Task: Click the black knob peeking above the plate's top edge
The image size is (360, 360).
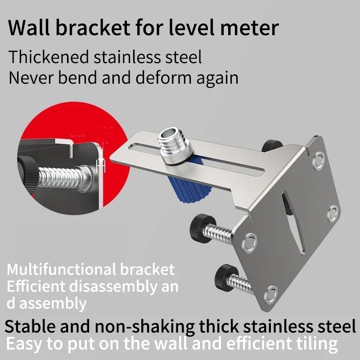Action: click(x=270, y=145)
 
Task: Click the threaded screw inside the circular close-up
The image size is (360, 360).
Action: click(x=58, y=176)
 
